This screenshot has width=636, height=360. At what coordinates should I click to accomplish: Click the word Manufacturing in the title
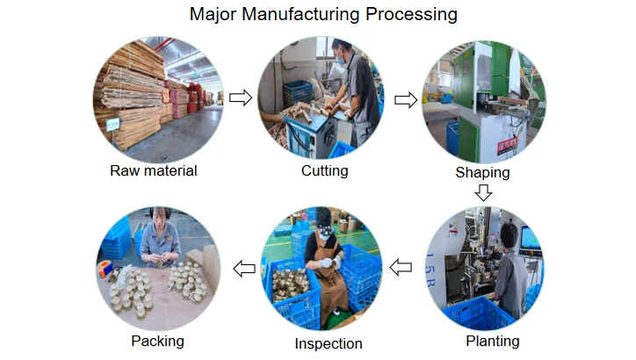click(x=311, y=15)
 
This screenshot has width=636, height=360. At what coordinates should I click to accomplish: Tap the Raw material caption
click(x=153, y=170)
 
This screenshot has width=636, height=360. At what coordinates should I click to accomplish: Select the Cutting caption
click(x=324, y=170)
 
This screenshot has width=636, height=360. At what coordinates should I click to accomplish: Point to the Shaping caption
click(x=482, y=172)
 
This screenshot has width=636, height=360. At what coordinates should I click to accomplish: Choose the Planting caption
click(x=492, y=341)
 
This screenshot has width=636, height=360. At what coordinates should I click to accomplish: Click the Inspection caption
click(x=329, y=343)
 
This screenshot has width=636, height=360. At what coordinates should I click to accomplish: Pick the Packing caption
click(x=157, y=341)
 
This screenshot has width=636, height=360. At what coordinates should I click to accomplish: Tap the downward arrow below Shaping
click(x=483, y=191)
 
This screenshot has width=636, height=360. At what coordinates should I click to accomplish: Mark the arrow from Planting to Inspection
click(x=401, y=267)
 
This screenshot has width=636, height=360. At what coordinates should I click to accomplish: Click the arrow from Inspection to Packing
click(x=243, y=267)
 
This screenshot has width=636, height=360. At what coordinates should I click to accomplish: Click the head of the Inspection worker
click(x=322, y=220)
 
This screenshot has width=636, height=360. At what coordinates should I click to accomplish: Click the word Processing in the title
click(x=415, y=15)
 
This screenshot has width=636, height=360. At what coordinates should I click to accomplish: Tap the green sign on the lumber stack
click(x=112, y=125)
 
